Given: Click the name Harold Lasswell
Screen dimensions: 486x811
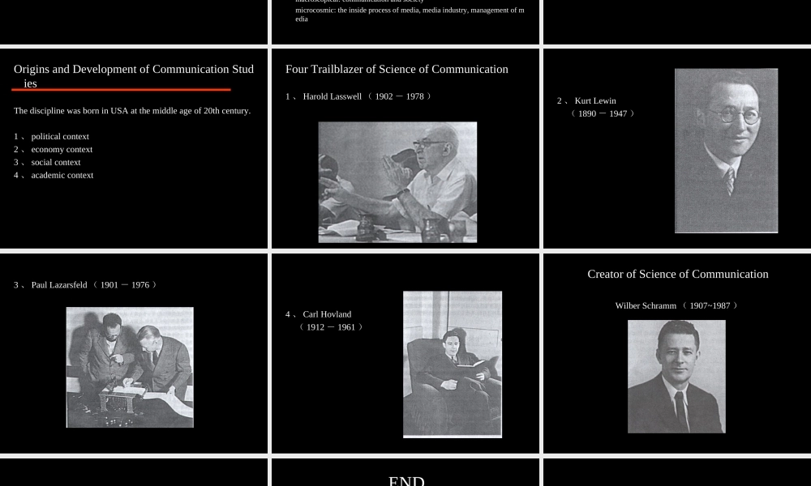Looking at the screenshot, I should pos(332,96).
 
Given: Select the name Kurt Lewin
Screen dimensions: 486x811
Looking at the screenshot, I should pos(595,101).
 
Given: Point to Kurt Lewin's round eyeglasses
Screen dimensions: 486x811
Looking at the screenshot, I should pos(733,116).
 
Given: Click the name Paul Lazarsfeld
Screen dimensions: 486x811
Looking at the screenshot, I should pos(59,285).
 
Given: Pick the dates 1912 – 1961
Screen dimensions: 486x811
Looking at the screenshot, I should pos(331,327).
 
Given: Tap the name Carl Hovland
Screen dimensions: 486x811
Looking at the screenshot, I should pos(327,314).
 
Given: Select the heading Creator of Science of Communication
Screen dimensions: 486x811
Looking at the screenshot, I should pos(677,275).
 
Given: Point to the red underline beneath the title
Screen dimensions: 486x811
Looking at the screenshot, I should pos(122,90).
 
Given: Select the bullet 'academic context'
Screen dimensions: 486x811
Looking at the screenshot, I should pos(62,176).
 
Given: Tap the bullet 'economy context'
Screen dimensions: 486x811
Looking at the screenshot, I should pos(62,150).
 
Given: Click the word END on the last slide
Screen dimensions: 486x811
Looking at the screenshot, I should pos(406,480).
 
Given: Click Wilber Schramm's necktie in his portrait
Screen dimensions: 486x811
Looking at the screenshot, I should pos(680,409).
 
